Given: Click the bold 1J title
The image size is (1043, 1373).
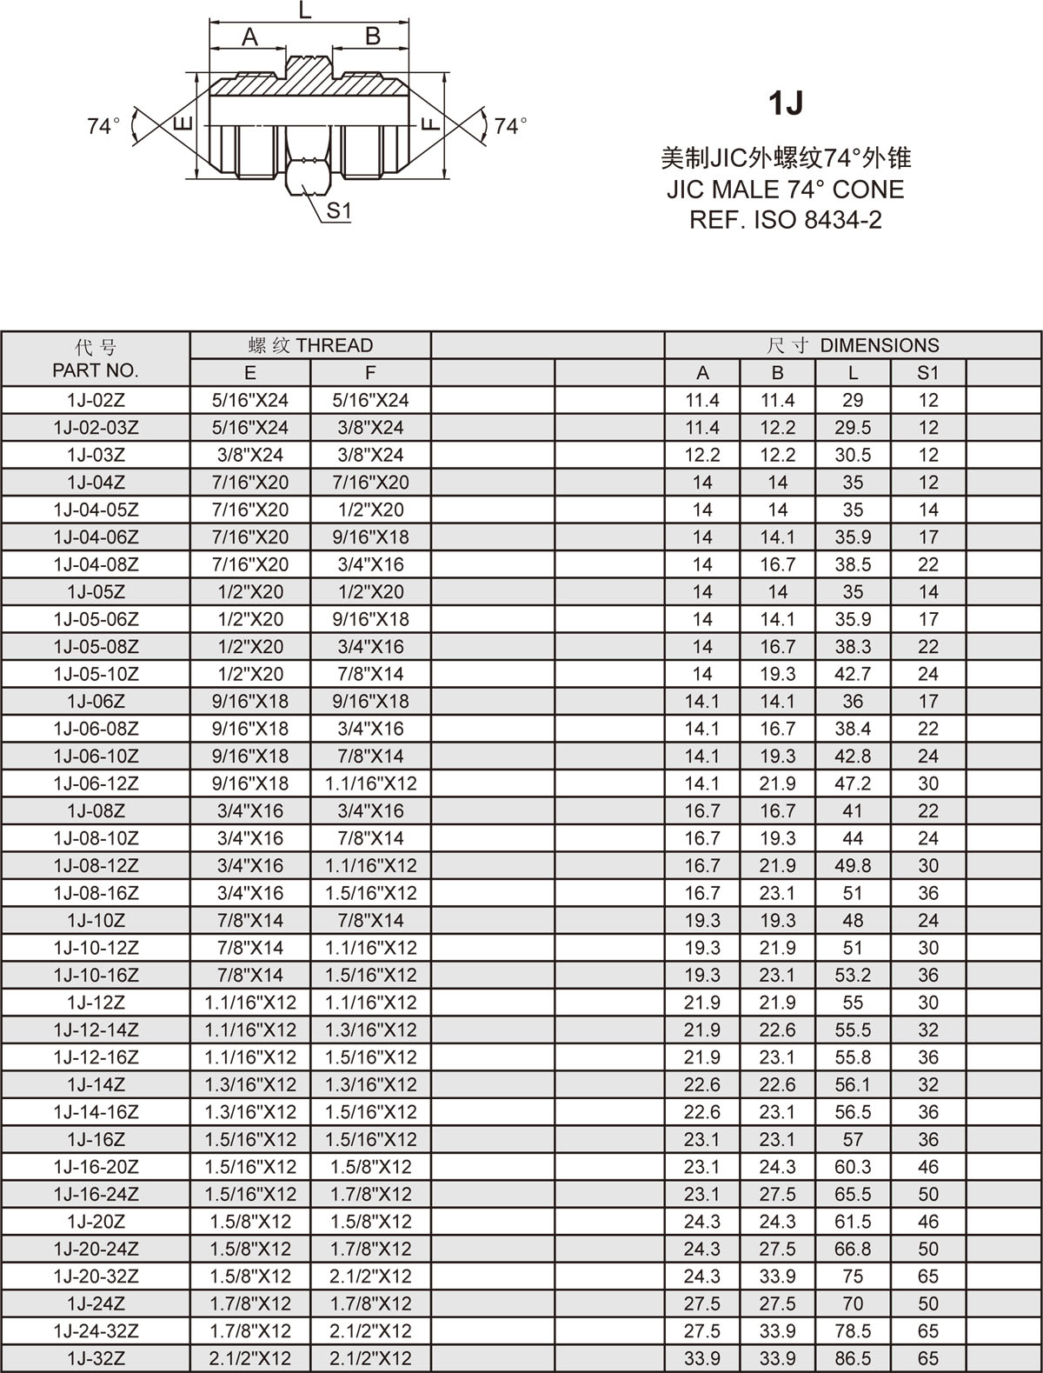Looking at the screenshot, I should coord(786,103).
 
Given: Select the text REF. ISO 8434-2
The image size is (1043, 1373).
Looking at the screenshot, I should coord(786,219).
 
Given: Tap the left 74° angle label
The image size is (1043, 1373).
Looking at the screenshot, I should coord(103,126).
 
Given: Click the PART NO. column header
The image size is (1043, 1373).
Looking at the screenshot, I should coord(96,370).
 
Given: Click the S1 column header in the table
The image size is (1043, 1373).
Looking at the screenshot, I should coord(928,373).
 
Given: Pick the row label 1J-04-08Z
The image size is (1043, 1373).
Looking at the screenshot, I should coord(96,564).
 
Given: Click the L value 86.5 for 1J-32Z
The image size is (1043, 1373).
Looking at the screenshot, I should coord(853,1358).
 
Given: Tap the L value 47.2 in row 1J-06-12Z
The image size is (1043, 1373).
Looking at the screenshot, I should coord(853,783).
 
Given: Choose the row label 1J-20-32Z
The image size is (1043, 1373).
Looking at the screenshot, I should coord(96,1276).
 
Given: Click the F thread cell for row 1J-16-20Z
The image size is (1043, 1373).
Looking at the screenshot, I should coord(370,1167).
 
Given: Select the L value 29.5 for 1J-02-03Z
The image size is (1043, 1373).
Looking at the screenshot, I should coord(853,428).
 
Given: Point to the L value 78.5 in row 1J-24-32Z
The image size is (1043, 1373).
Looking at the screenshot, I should coord(853,1331).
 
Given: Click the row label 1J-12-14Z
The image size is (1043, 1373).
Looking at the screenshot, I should coord(96,1030).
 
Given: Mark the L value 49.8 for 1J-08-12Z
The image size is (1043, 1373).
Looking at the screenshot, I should coord(853,866).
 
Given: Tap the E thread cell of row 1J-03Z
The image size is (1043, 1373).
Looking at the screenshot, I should coord(250,455).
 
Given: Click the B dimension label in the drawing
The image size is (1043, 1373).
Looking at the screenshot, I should coord(373,37).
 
